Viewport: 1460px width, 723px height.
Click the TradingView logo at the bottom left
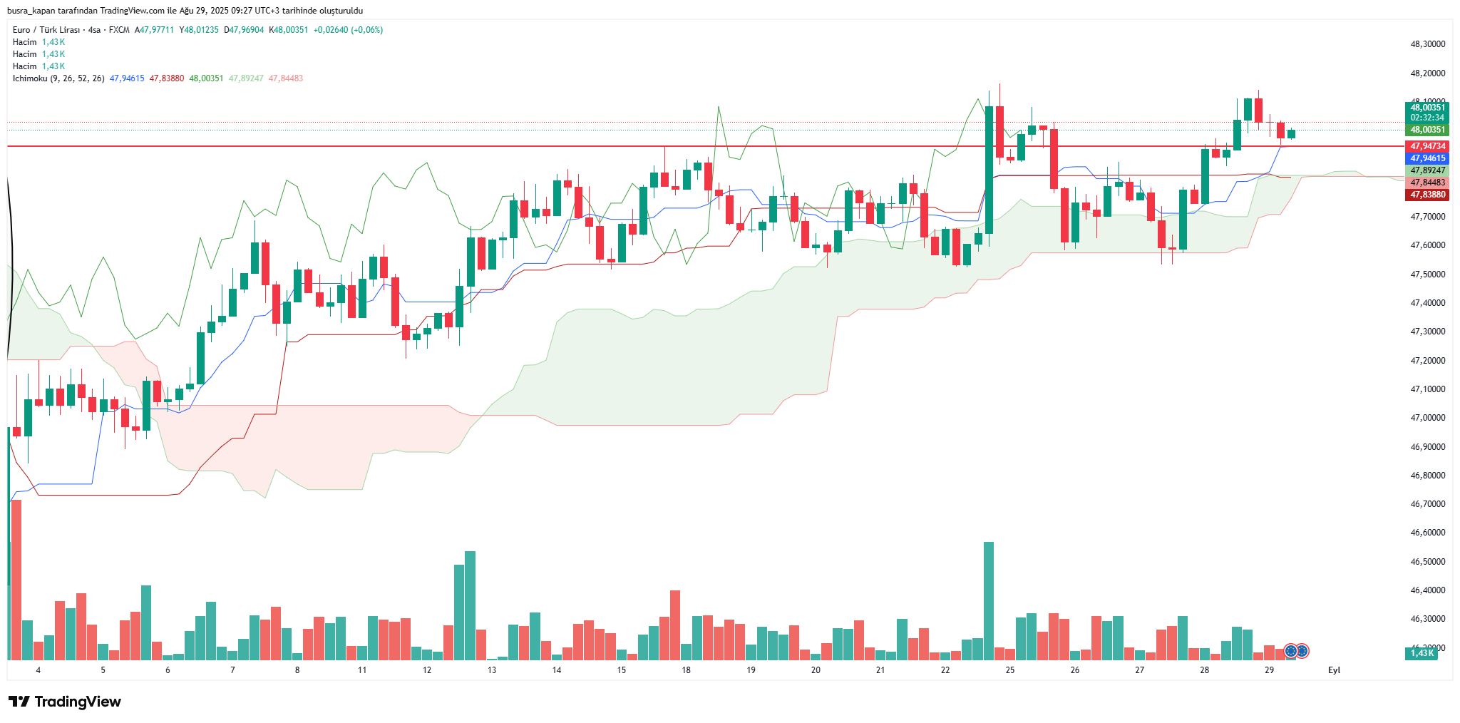point(65,702)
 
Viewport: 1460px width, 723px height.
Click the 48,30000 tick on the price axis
point(1428,44)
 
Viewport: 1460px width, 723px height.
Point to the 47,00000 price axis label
point(1428,418)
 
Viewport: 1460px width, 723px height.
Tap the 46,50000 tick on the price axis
point(1428,562)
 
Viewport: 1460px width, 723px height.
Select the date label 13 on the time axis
point(492,670)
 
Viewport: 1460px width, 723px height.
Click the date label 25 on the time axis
point(1010,670)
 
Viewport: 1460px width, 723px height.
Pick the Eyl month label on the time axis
point(1334,670)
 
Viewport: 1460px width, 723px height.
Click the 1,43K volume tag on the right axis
point(1422,653)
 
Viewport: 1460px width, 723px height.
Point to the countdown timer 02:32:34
point(1427,118)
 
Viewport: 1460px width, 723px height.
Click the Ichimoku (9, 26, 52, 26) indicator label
point(58,78)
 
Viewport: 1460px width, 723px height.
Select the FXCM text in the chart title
point(119,30)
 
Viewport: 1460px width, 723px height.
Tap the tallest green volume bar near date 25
point(989,600)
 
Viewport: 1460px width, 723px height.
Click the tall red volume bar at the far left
point(16,579)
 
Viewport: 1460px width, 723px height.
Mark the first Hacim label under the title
point(25,42)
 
